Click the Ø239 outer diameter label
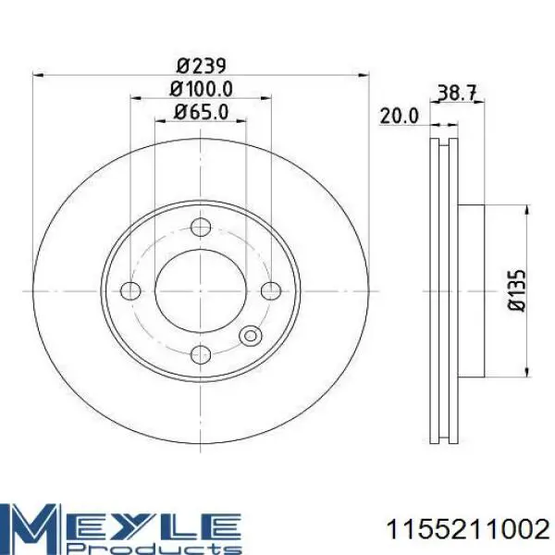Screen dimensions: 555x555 pos(201,66)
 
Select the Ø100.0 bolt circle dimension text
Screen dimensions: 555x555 pos(201,89)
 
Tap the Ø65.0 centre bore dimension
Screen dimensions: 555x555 pos(201,112)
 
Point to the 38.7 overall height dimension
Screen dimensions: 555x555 pos(458,92)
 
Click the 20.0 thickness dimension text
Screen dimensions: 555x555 pos(399,116)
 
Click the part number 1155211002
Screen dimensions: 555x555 pos(468,530)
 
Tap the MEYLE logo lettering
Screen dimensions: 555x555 pos(120,524)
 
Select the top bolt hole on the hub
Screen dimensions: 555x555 pos(201,228)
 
